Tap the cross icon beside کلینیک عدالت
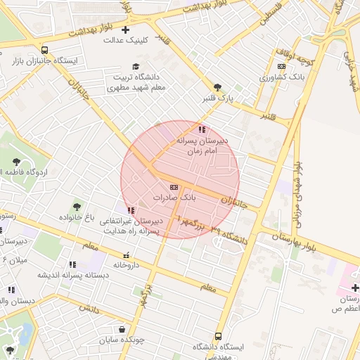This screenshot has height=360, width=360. [x=125, y=30]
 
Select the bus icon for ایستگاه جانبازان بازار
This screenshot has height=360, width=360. [x=45, y=51]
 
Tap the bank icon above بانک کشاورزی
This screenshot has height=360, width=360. [x=282, y=67]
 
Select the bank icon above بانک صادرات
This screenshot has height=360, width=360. [x=174, y=188]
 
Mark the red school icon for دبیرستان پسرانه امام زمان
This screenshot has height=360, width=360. [x=202, y=129]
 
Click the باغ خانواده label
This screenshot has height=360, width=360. [x=77, y=217]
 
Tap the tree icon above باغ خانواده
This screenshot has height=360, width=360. [x=77, y=207]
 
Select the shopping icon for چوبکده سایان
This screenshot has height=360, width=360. [x=122, y=328]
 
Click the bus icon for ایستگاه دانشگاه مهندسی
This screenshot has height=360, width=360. [x=218, y=336]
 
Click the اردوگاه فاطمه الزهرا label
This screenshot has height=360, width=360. [x=42, y=172]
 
